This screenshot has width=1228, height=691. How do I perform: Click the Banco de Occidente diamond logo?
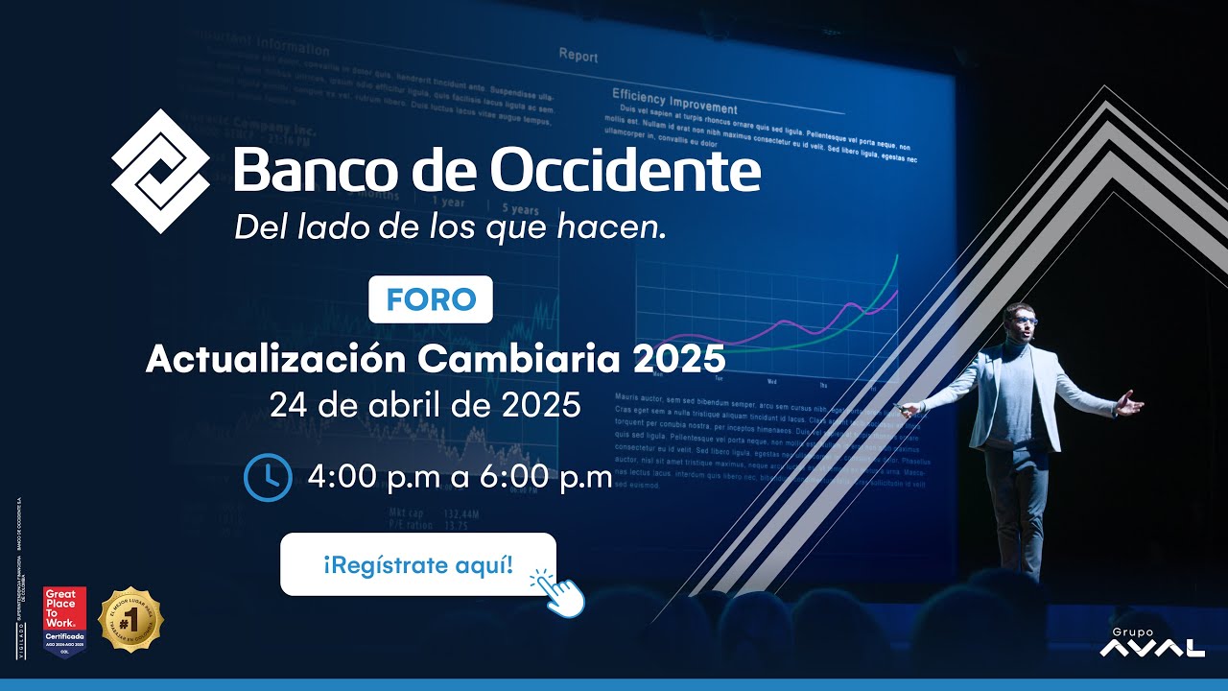point(160,171)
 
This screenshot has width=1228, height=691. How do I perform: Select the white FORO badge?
point(431,299)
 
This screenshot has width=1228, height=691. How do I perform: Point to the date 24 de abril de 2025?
point(425,404)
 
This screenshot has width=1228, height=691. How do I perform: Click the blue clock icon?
point(268,477)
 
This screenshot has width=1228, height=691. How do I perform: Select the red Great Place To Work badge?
point(64,618)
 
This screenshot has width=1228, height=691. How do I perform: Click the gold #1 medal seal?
point(130,620)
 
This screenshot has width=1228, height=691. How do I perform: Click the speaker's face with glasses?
point(1021,322)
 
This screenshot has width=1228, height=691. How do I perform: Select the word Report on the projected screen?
point(578,55)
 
